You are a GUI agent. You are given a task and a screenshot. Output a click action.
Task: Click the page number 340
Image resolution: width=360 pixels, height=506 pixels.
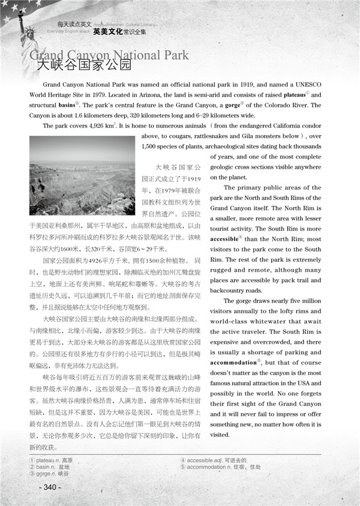(50, 487)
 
